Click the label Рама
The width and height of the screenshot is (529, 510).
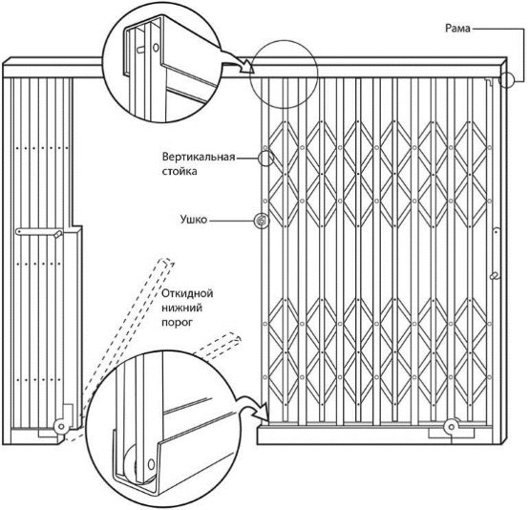457,29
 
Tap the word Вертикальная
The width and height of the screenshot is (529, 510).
199,157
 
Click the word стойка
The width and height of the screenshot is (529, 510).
180,172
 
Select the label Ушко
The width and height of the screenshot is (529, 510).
193,220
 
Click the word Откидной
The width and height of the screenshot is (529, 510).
187,293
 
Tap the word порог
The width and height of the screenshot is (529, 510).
177,323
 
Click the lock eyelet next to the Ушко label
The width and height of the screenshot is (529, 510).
261,221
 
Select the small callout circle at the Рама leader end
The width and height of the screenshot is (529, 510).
506,80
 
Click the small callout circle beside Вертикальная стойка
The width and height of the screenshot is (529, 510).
265,158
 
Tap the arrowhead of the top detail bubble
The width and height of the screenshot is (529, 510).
248,67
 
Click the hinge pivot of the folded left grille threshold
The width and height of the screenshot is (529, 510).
61,426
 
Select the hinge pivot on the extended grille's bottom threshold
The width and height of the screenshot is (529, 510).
451,427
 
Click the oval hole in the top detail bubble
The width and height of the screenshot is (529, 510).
156,47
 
